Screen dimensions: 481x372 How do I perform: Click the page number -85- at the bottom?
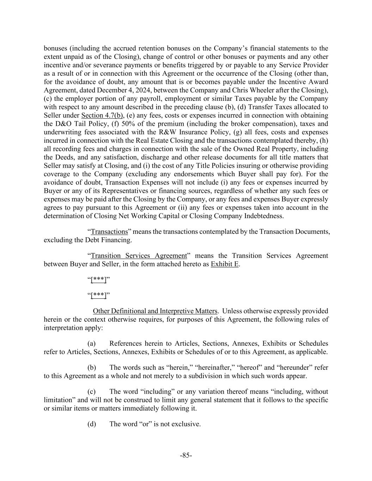point(186,455)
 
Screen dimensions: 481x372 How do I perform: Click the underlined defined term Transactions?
point(109,232)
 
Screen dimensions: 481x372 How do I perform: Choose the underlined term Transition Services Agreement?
point(139,255)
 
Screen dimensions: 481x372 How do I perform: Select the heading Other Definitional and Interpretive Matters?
point(155,311)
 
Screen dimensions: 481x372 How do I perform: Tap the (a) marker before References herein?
point(91,343)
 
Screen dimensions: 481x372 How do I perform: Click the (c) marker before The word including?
point(91,391)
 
